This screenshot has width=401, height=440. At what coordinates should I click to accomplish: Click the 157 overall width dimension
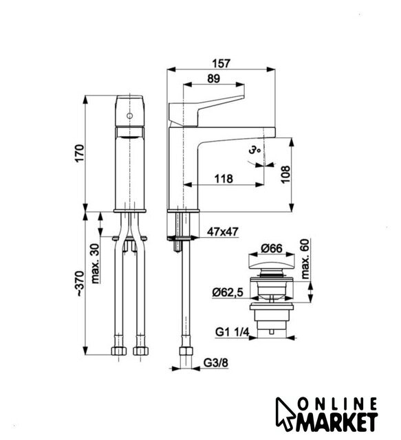221,63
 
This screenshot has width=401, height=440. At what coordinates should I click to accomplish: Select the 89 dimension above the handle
213,78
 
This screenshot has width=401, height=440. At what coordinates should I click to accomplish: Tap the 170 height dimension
80,153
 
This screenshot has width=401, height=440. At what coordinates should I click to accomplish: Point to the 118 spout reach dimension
224,179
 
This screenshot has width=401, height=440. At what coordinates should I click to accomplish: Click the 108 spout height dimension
285,174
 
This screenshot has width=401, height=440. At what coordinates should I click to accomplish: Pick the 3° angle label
254,150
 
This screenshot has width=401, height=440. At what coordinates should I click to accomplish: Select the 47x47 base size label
222,232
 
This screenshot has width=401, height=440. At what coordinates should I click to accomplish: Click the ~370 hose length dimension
80,284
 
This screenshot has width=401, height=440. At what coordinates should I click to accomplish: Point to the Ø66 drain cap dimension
271,249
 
